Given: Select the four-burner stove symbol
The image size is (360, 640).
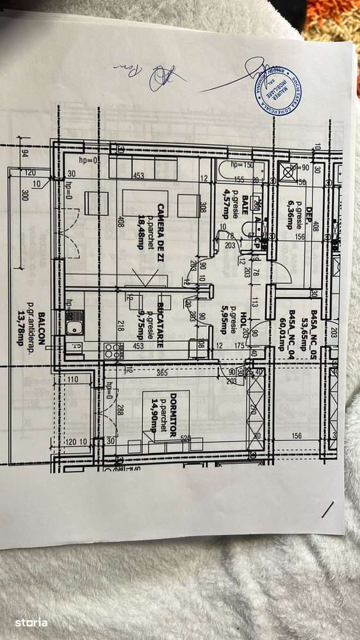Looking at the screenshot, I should pyautogui.click(x=114, y=350).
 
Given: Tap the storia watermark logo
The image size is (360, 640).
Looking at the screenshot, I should pyautogui.click(x=32, y=622).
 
